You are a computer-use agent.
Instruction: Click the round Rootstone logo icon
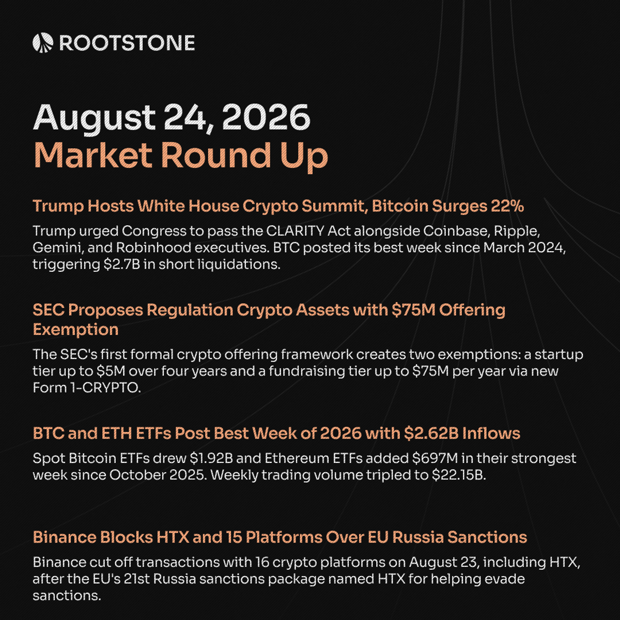tap(43, 43)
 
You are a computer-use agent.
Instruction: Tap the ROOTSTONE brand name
tap(127, 43)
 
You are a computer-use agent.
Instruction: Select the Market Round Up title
tap(180, 156)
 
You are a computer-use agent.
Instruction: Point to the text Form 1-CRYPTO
tap(87, 388)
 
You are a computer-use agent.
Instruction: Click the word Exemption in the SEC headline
tap(75, 330)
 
